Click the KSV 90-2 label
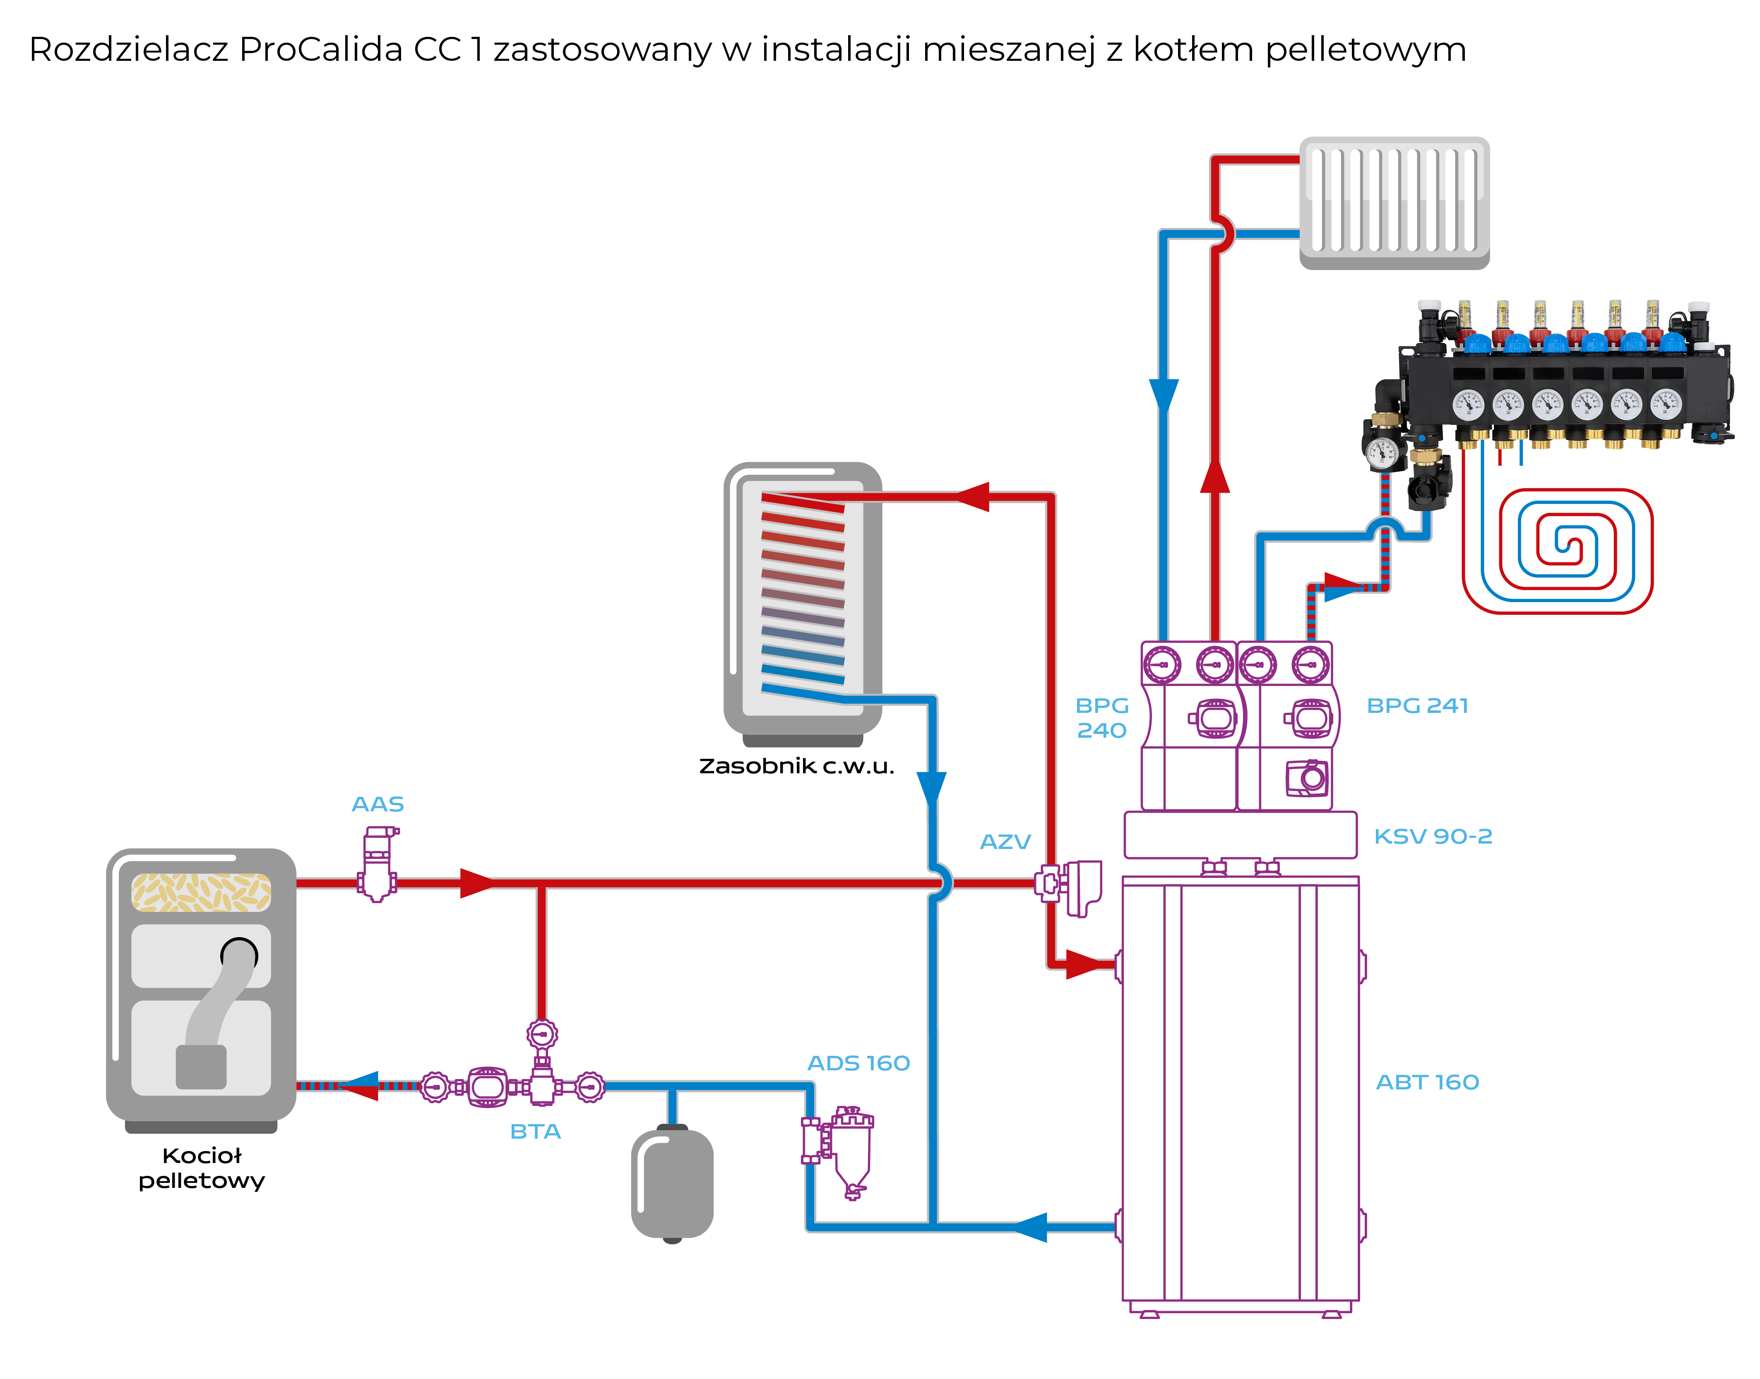tap(1433, 837)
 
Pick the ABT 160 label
tap(1427, 1083)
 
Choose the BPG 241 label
tap(1417, 706)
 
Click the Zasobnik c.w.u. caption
tap(796, 766)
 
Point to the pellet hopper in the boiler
tap(201, 892)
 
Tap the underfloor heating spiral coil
tap(1558, 551)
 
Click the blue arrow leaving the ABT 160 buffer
tap(1030, 1227)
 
